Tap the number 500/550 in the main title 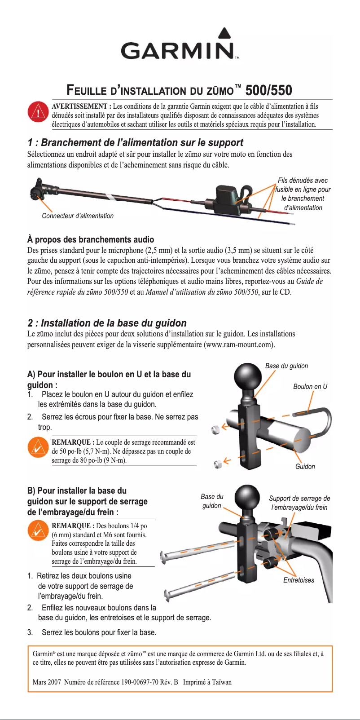pos(268,90)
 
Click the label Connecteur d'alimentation pos(78,216)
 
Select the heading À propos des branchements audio pos(91,239)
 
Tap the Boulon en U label pos(310,386)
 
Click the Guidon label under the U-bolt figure pos(305,466)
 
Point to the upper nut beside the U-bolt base pos(216,429)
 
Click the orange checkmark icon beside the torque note pos(38,447)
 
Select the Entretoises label pos(299,580)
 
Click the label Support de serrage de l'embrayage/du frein pos(299,503)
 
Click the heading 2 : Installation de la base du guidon pos(107,323)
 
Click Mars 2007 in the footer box pos(47,682)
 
